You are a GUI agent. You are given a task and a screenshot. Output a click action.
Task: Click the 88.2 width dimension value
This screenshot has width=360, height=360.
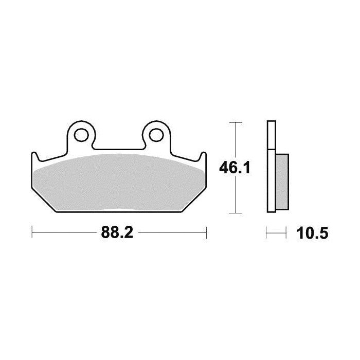[x=117, y=233]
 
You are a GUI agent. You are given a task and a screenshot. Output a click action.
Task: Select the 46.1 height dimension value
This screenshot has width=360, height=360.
[x=235, y=168]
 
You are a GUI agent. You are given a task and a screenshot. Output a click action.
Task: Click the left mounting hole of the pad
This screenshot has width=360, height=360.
[x=81, y=135]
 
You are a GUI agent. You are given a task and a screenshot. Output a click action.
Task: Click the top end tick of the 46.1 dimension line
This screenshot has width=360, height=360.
[x=235, y=122]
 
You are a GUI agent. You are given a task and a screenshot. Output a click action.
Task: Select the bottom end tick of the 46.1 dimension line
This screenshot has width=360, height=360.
[x=235, y=212]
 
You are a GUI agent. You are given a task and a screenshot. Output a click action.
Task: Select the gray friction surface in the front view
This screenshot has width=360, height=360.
[x=118, y=183]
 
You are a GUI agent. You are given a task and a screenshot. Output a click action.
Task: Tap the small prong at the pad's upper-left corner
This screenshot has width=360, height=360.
[x=34, y=156]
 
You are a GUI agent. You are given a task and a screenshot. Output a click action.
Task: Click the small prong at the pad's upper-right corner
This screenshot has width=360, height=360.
[x=204, y=156]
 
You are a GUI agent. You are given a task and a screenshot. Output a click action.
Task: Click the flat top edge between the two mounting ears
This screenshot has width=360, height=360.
[x=119, y=150]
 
